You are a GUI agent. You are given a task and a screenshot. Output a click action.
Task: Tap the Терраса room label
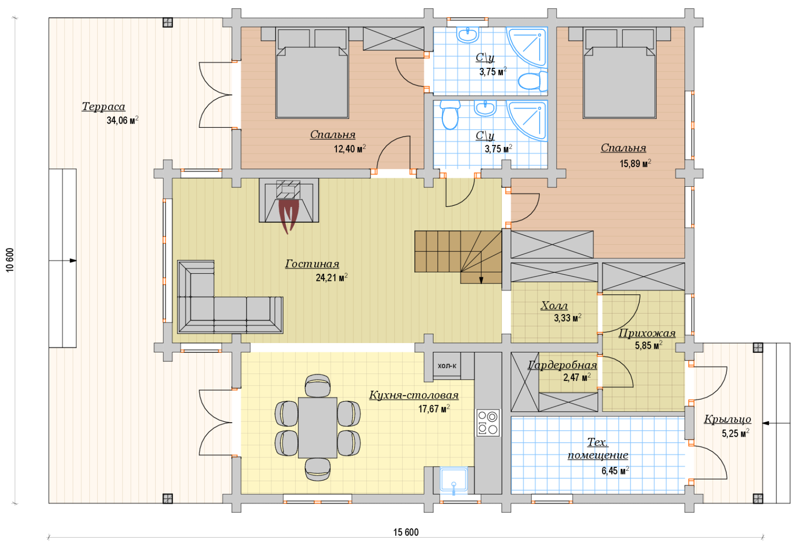coord(103,106)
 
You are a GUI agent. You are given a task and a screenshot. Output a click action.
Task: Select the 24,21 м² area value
coord(331,278)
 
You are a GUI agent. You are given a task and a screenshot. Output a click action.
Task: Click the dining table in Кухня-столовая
coord(318,428)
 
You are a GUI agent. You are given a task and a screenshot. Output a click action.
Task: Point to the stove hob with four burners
coord(488,423)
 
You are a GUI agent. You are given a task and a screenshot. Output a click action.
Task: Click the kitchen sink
coord(454,480)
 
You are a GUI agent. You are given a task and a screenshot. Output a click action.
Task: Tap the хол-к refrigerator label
coord(447,366)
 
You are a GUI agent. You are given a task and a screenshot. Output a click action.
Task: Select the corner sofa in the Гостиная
coord(230,297)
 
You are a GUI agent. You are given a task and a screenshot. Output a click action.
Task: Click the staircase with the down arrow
coord(458,256)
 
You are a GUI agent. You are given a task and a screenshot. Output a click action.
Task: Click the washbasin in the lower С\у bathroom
coord(485,108)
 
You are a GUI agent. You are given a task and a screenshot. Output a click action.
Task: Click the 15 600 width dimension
coord(406,532)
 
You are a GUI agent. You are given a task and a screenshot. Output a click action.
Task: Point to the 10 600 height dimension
coord(10,260)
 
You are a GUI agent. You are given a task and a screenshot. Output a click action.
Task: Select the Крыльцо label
coord(727,419)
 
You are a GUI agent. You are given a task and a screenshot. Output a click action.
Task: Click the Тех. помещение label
coord(598,448)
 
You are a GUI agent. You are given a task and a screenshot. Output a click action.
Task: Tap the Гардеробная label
coord(562,365)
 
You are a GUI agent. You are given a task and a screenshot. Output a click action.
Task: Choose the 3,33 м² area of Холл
coord(567,318)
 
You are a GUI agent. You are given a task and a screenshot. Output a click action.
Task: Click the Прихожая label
coord(647,333)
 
